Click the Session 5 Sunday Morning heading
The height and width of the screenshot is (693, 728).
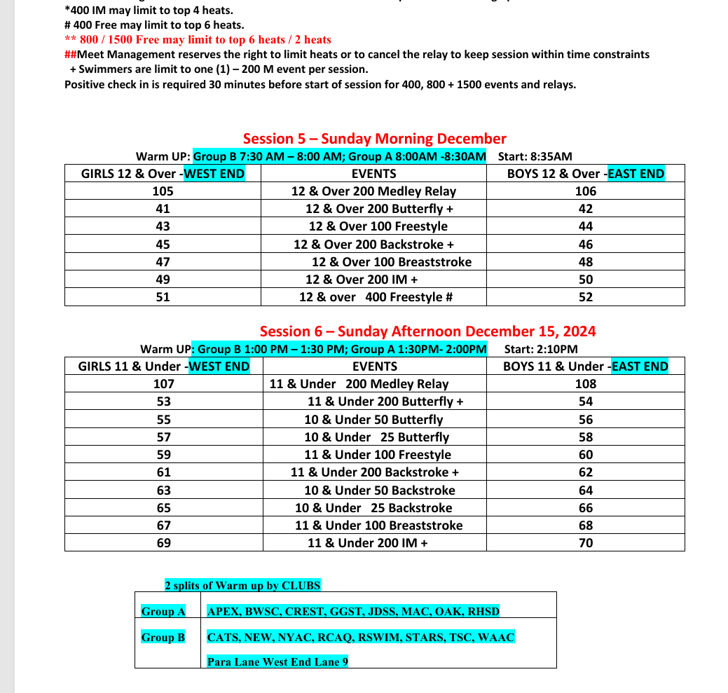point(374,139)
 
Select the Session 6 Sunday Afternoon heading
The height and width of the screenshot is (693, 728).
point(427,331)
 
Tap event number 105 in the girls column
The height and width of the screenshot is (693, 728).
point(163,191)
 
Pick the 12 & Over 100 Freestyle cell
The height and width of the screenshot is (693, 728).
point(378,226)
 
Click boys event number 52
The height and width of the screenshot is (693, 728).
point(586,297)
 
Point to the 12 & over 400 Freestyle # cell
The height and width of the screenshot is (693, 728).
point(376,297)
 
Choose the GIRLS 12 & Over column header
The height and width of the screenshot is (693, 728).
point(163,174)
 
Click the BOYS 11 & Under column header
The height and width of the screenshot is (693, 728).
point(585,366)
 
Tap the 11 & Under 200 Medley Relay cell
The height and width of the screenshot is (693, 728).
point(359,384)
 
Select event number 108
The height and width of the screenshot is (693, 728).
point(586,384)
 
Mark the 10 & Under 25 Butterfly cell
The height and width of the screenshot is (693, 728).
point(376,437)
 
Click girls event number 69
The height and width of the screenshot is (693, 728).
point(163,543)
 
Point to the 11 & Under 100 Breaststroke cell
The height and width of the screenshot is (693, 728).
point(378,526)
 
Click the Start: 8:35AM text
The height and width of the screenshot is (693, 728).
point(535,156)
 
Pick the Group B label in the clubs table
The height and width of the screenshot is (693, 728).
point(163,637)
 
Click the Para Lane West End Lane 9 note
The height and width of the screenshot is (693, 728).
point(277,661)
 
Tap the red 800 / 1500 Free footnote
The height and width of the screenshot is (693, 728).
point(198,40)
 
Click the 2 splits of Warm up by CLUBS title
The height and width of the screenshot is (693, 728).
point(242,585)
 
